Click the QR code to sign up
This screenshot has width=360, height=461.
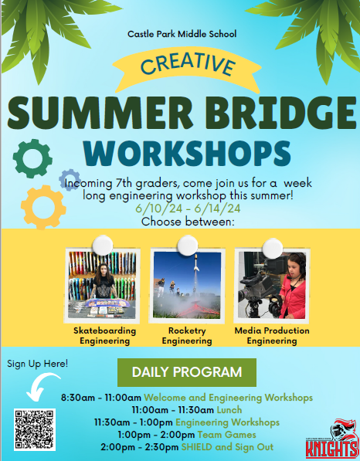pos(35,429)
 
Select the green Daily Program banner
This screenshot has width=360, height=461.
pos(187,372)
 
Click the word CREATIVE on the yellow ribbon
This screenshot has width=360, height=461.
pos(188,65)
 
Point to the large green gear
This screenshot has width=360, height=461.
pos(32,158)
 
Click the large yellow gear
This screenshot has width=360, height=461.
pos(43,207)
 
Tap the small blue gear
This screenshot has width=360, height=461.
pos(70,180)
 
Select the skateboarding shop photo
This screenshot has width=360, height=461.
pos(102,285)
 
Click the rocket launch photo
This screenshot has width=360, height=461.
pos(187,285)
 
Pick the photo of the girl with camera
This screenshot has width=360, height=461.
pos(272,285)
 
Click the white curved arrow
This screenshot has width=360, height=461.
pos(41,386)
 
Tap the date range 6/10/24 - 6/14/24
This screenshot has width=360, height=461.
pos(188,208)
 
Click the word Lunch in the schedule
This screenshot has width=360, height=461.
pos(229,410)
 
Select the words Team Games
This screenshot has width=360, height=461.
pos(226,435)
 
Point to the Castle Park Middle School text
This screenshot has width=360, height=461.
pos(182,34)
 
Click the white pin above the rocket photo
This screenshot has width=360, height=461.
pos(188,246)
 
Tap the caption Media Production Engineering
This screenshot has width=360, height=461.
pos(272,336)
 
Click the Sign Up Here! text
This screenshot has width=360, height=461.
pos(37,364)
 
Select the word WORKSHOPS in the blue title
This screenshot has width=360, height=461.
pos(187,153)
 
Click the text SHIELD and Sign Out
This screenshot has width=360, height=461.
pos(227,447)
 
